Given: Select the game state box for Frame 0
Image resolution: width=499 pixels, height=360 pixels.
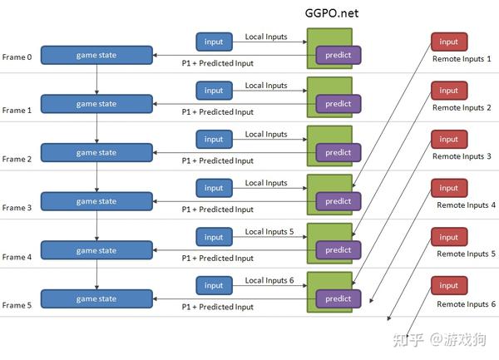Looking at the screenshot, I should pos(96,56).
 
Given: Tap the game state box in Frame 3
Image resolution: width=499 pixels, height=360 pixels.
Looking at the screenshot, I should pos(96,201).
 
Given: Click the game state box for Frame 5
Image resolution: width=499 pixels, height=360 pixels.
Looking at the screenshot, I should pos(96,299).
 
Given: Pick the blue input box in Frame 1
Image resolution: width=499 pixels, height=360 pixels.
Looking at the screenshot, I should pos(214,91).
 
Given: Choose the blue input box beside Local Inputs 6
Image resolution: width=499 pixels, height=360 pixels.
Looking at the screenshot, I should pos(214,285).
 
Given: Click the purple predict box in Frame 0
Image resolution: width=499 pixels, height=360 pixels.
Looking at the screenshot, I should pos(338,55).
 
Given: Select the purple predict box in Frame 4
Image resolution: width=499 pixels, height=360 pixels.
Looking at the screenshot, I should pos(338,250).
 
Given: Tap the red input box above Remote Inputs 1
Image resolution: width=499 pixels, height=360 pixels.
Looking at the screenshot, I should pos(448,42).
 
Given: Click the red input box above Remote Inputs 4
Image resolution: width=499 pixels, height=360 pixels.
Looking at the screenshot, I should pos(448,188).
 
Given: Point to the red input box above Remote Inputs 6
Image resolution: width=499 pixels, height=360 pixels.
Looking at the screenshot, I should pos(448,285).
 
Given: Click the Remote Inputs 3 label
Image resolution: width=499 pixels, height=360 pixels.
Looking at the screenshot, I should pos(462,156).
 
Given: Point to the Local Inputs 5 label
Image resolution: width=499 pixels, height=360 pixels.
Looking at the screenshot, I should pos(269,232).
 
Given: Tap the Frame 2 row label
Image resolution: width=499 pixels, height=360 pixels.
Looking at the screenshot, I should pos(17,159).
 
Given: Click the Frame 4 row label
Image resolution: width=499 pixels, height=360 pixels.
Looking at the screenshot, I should pos(17,257).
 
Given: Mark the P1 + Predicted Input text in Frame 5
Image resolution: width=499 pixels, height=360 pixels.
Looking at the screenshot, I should pos(218,307).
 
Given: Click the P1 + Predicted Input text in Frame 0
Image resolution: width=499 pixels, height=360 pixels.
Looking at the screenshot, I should pos(218,63).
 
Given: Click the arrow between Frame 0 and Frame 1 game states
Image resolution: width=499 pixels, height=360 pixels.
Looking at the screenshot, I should pos(97,79).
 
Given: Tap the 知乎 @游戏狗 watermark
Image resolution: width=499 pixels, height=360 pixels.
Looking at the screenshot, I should pos(446,339).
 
